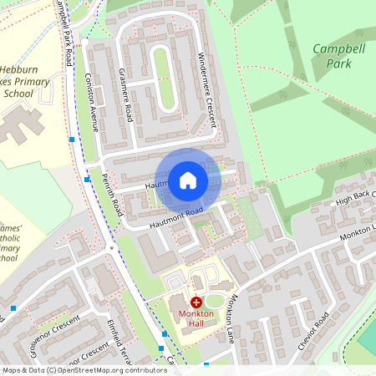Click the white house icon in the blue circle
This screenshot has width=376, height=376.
coord(187,180)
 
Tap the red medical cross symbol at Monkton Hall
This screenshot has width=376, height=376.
coord(196,302)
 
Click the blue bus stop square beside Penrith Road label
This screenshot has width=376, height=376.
coord(87,179)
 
